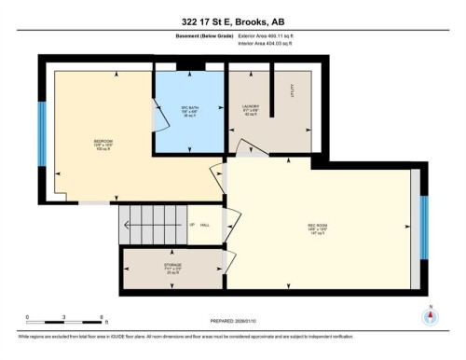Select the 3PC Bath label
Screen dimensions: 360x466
(x=188, y=111)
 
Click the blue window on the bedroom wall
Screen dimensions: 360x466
(x=42, y=126)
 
